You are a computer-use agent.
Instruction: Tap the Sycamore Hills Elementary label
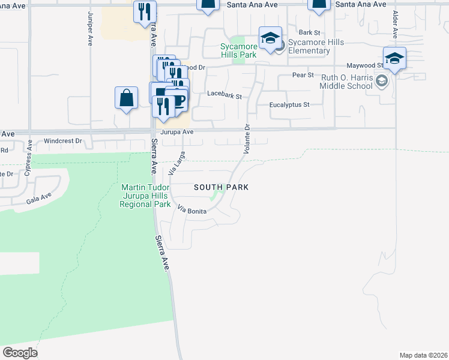pos(310,46)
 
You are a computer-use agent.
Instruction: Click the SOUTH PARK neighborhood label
pos(221,187)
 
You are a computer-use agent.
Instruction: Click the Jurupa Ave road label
pos(176,132)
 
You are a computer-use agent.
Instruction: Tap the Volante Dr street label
pos(246,139)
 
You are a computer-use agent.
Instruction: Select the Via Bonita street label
pos(192,210)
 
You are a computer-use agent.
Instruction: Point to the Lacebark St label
pos(224,95)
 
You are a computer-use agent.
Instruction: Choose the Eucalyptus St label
pos(289,104)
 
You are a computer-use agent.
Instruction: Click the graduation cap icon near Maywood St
pos(394,58)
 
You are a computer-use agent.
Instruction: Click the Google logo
pos(20,353)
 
